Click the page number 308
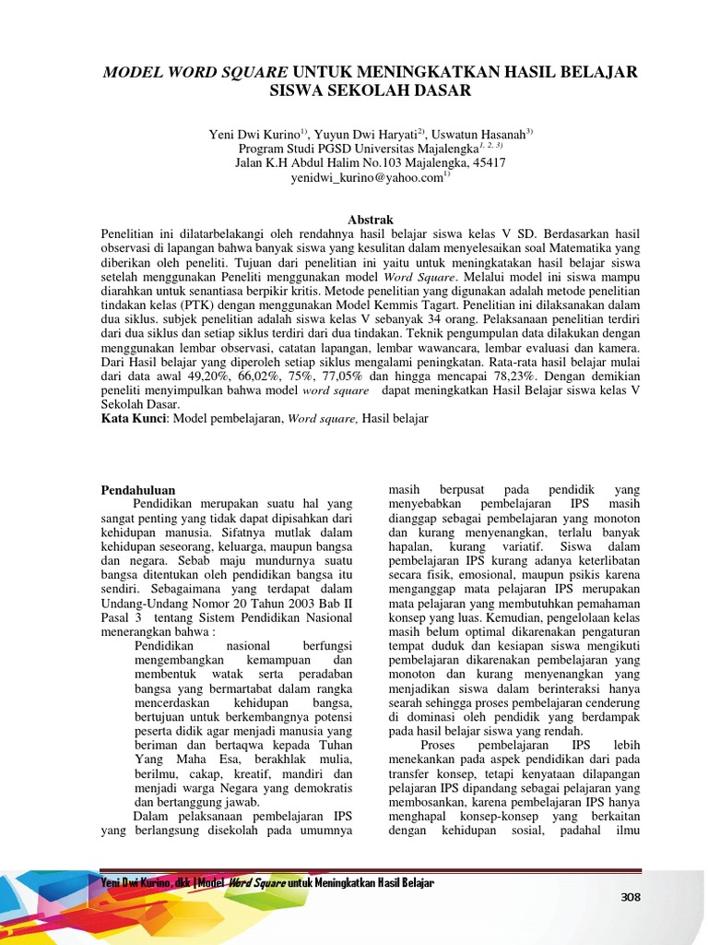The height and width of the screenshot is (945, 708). (630, 897)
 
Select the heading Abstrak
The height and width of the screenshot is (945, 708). (369, 220)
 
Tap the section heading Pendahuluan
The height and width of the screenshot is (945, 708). (137, 489)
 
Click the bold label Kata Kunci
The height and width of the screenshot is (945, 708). (133, 419)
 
